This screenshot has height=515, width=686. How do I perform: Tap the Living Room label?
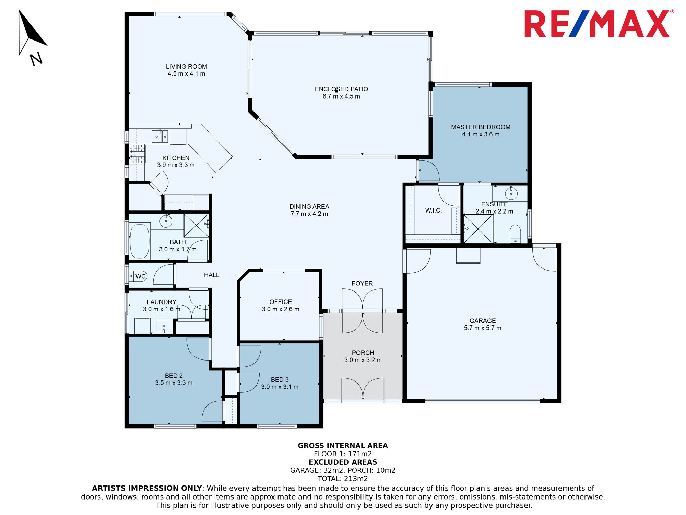pos(186,67)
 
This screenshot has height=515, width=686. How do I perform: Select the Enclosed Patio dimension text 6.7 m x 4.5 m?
pos(341,96)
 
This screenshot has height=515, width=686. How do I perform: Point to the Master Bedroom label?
pos(481,127)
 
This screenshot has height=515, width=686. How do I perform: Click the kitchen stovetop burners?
pos(137,154)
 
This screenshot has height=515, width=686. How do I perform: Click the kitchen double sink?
pos(160,136)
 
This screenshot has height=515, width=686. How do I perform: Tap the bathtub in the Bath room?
pos(140,241)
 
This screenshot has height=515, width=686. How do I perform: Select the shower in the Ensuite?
pos(478,229)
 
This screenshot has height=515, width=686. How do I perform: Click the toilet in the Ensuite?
pos(515,234)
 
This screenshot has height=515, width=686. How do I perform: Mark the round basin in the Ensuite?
pos(511,194)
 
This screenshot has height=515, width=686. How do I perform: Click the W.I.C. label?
pos(434,210)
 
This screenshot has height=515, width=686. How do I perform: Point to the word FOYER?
pos(362,283)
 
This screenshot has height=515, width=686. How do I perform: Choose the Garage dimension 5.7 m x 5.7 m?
pos(483,328)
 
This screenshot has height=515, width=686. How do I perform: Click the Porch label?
pos(363,353)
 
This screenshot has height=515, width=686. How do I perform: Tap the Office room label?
pos(281,302)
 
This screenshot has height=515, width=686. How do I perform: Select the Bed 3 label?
pos(280,379)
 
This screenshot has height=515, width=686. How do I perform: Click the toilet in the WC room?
pos(138,276)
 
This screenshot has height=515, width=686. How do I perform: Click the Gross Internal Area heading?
pos(343,446)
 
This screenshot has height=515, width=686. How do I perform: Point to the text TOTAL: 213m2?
pos(343,479)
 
